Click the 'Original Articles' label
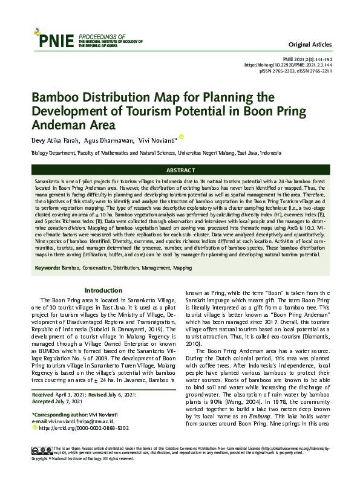point(311,45)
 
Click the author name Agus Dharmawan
point(106,140)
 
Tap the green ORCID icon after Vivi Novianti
point(181,137)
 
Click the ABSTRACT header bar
point(180,170)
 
